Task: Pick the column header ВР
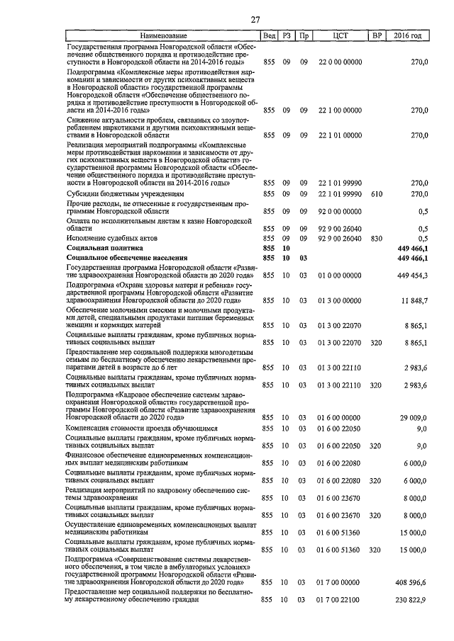pos(376,35)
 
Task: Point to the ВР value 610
pos(376,193)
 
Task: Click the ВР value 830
pos(376,239)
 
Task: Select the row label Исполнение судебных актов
pos(109,239)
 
